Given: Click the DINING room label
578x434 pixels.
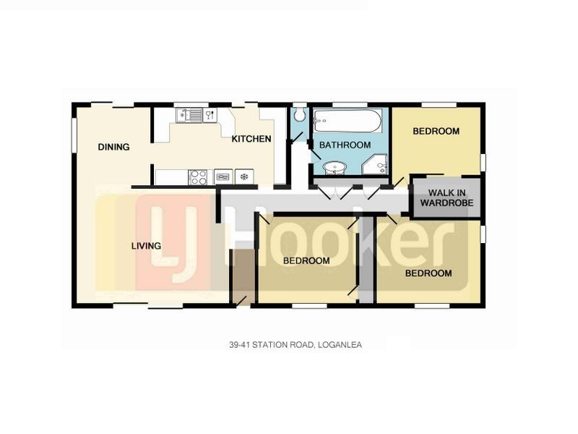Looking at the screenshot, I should (x=114, y=147).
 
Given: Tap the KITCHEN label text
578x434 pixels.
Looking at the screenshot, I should (x=251, y=139).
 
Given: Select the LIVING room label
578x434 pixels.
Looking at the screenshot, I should (x=146, y=246).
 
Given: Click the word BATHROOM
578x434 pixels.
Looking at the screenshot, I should (x=345, y=145).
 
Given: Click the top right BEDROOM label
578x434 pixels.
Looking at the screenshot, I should (x=436, y=131).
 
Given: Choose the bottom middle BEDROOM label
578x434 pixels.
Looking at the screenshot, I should (x=306, y=260).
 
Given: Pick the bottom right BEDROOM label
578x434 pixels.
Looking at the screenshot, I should (x=428, y=273).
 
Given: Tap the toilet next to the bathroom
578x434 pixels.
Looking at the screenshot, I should (x=301, y=116).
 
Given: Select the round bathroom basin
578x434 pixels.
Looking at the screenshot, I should (x=335, y=169).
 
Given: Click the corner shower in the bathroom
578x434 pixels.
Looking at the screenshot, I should (x=376, y=166).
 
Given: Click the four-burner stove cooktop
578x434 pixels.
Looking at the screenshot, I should (x=198, y=176).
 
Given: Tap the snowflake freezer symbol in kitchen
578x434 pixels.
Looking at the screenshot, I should (x=244, y=176).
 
